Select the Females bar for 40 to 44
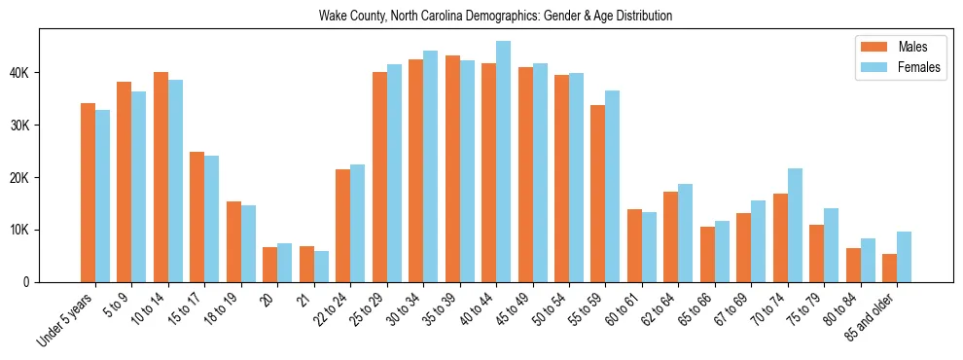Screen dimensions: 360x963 (504, 162)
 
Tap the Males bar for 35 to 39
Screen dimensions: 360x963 (452, 168)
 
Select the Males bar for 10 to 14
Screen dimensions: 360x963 (160, 177)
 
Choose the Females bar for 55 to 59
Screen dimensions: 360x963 (613, 186)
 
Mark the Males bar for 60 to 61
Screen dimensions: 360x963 (635, 245)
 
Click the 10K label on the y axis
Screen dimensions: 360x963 (21, 230)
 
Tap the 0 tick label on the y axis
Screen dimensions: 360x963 (29, 282)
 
